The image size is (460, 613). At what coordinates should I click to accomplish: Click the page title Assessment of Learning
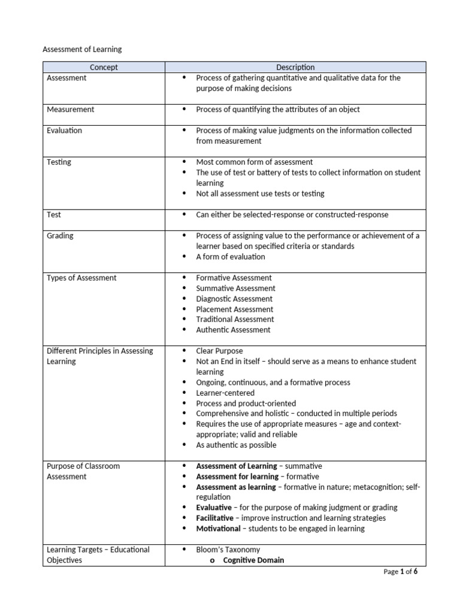coord(82,49)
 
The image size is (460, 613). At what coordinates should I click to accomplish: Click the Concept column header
coord(104,67)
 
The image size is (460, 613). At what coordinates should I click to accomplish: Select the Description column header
coord(295,67)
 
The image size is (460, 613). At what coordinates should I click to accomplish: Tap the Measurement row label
coord(70,110)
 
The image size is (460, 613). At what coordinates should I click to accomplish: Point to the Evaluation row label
coord(65,131)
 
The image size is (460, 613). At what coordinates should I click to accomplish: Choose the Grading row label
coord(60,236)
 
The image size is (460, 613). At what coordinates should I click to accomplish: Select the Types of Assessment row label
coord(81,278)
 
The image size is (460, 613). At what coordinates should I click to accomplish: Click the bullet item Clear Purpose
coord(219,351)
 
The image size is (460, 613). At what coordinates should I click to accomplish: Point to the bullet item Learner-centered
coord(225,393)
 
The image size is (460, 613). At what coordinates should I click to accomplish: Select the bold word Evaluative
coord(214,508)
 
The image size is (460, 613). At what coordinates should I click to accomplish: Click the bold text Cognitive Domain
coord(253,560)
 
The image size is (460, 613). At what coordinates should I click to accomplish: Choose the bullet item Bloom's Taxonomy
coord(228,550)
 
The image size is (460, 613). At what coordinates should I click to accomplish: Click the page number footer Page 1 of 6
coord(400,572)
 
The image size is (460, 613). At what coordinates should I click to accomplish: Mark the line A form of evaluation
coord(231,257)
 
